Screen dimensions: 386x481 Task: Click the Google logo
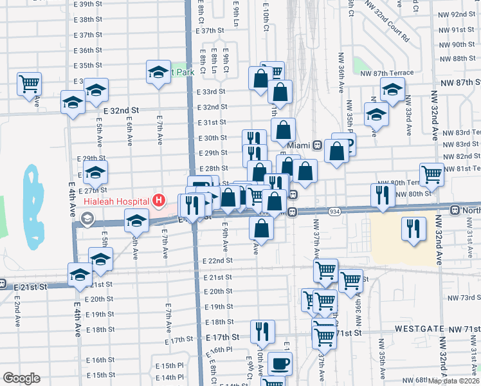tap(21, 378)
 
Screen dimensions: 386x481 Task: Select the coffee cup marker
tap(280, 363)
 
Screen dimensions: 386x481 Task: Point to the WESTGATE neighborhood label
tap(419, 328)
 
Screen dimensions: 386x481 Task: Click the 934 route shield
tap(334, 211)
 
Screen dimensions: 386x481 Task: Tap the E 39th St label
tap(88, 4)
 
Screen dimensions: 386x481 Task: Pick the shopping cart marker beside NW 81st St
tap(431, 174)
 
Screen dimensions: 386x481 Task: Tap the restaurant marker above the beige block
tap(413, 228)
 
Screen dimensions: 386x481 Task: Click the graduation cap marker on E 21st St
tap(80, 275)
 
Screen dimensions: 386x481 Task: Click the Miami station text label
tap(299, 145)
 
